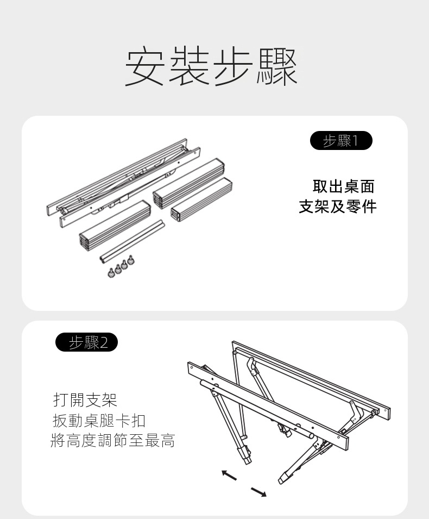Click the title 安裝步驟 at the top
(x=211, y=67)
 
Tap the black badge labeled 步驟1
(x=341, y=141)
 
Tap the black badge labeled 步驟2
(x=87, y=342)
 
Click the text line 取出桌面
(x=344, y=186)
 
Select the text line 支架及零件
(x=337, y=207)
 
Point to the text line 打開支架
(x=85, y=400)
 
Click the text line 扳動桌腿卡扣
(x=99, y=420)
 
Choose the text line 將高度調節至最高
(x=113, y=440)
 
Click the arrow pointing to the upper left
(x=230, y=475)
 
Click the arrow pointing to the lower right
(x=258, y=492)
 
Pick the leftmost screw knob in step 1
(x=112, y=272)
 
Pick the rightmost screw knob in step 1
(x=130, y=261)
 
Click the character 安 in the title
(x=144, y=67)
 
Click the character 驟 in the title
(x=278, y=67)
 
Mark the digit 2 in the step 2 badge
(x=104, y=342)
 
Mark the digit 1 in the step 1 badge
(x=356, y=141)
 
